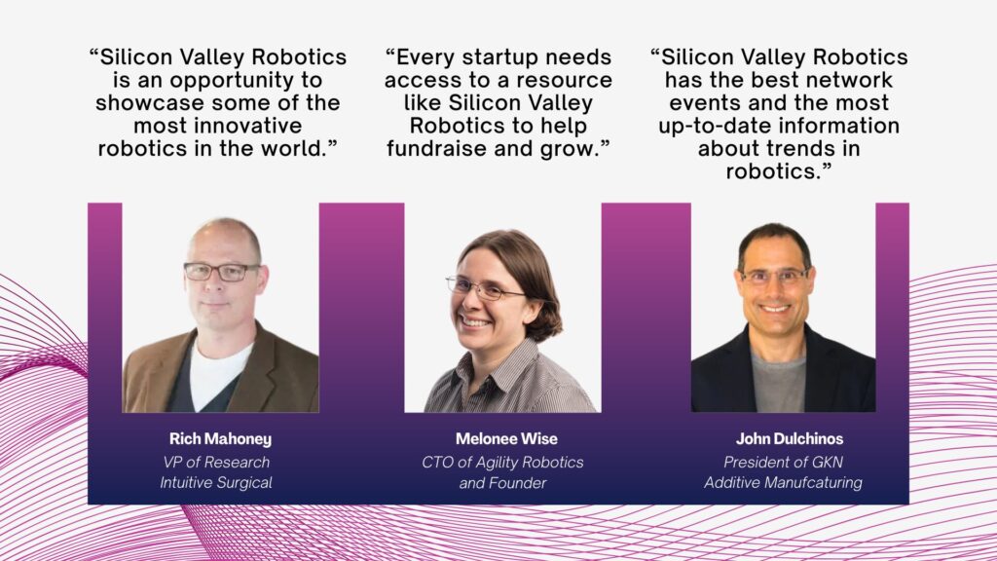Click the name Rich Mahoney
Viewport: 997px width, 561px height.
coord(220,439)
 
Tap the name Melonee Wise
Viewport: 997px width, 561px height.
coord(506,439)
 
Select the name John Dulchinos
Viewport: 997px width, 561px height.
coord(790,439)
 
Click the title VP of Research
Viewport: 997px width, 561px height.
coord(216,463)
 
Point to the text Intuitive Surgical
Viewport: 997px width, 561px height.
coord(216,483)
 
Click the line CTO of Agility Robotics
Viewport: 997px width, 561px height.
coord(502,463)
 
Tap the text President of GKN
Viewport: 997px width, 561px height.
coord(784,463)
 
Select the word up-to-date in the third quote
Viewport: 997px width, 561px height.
coord(716,127)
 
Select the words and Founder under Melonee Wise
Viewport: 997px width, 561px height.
coord(502,483)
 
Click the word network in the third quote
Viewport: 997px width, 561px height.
coord(846,80)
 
